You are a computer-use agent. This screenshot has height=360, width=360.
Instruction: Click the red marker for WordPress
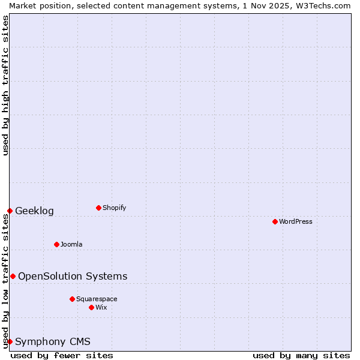[x=275, y=221]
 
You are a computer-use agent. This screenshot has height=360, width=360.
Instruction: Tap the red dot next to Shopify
[x=98, y=208]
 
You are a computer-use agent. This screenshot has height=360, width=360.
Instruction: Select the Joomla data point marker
[x=56, y=244]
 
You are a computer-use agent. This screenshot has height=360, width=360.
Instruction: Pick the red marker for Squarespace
[x=72, y=299]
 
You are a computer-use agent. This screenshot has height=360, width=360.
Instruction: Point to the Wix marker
[x=91, y=307]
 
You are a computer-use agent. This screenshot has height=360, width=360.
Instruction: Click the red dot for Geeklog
[x=10, y=211]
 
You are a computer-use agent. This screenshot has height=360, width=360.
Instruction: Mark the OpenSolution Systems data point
[x=13, y=276]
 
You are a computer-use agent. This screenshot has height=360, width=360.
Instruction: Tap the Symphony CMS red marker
[x=10, y=341]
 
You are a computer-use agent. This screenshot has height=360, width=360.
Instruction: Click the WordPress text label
[x=296, y=221]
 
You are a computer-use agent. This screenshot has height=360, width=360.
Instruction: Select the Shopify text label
[x=115, y=208]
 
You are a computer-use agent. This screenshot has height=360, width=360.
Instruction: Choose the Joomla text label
[x=71, y=244]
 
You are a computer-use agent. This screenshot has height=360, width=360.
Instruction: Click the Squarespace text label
[x=97, y=299]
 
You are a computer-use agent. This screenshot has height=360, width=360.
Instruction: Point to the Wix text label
[x=101, y=307]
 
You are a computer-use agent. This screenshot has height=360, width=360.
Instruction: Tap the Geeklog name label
[x=34, y=211]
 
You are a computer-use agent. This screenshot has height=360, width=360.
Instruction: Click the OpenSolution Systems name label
[x=73, y=276]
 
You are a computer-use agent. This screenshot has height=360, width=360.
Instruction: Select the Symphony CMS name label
[x=53, y=342]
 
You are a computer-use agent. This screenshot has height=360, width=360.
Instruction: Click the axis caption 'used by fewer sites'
[x=62, y=355]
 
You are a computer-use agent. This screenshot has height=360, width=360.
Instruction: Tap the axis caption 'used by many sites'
[x=301, y=355]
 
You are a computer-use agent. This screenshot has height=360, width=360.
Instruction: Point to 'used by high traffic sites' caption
[x=5, y=85]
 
